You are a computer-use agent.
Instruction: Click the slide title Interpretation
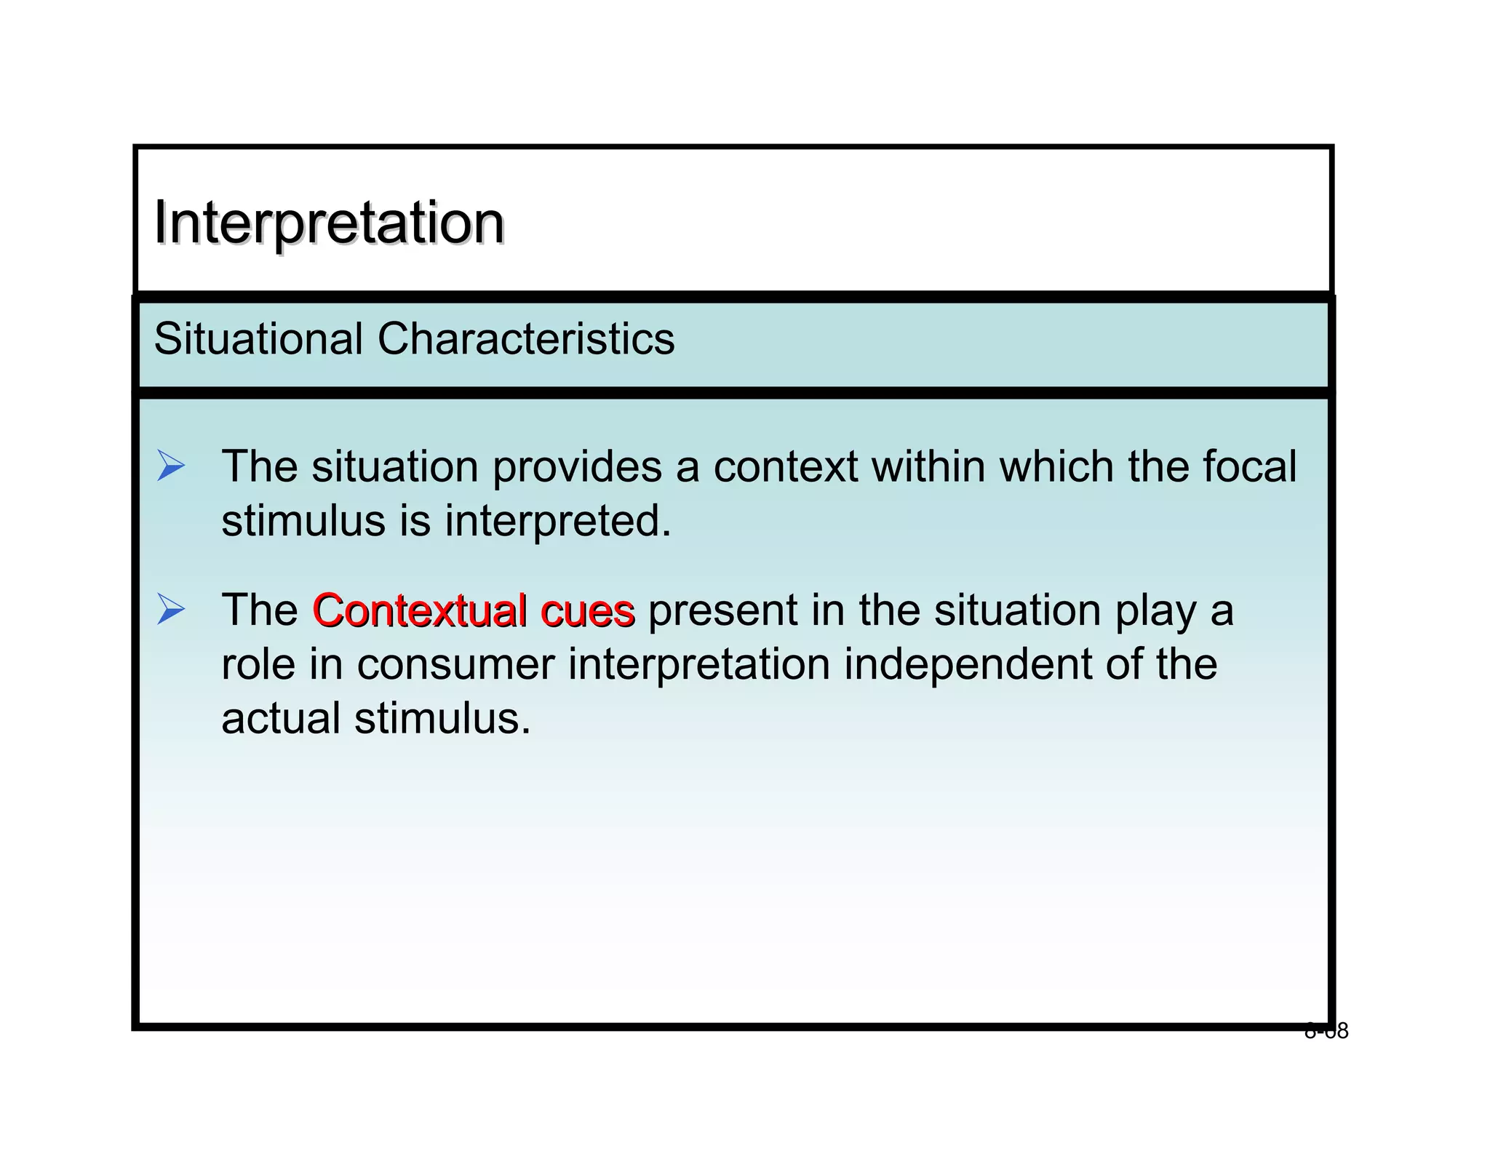(329, 223)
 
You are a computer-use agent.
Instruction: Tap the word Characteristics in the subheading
(525, 339)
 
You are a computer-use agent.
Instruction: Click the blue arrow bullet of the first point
(171, 466)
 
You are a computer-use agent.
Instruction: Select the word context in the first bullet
(785, 467)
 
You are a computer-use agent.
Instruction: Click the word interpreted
(558, 521)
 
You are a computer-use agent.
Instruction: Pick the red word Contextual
(420, 610)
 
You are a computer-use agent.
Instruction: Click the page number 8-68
(1326, 1031)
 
